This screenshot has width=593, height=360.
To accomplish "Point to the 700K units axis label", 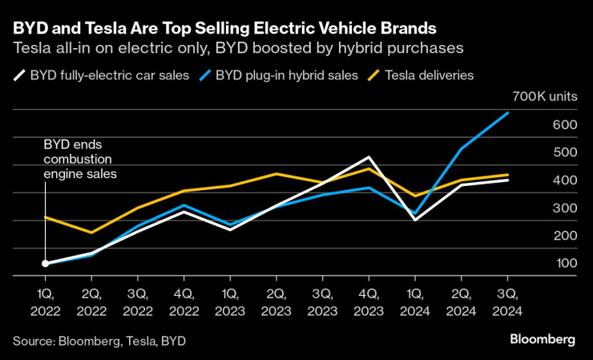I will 543,96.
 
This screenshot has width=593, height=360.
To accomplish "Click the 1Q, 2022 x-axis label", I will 46,302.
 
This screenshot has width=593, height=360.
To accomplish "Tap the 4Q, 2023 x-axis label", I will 368,302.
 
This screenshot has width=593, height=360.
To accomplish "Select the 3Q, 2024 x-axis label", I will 506,302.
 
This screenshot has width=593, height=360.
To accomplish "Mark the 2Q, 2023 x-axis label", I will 276,302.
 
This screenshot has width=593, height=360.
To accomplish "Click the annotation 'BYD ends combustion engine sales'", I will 80,159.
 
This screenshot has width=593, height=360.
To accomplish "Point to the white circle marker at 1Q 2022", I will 46,263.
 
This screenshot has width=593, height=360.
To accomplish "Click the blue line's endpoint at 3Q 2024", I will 506,113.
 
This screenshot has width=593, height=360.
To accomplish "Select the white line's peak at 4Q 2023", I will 368,157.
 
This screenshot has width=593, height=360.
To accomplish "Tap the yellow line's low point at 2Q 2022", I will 91,233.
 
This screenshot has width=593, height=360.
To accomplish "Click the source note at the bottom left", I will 99,341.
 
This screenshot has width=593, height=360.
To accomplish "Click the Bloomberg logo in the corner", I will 543,340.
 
